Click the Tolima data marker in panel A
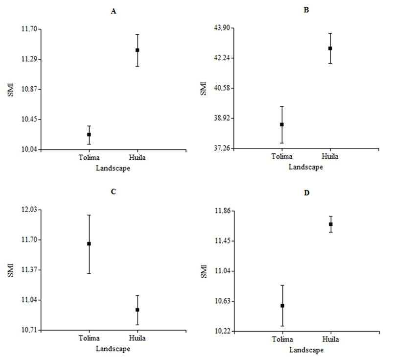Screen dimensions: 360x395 tap(89, 134)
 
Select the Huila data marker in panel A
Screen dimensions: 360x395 tap(138, 50)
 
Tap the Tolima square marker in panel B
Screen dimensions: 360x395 tap(282, 124)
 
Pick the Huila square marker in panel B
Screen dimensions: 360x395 tap(330, 48)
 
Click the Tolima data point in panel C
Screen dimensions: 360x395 tap(89, 243)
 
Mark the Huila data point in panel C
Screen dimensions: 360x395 tap(138, 310)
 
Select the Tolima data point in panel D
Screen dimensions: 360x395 tap(282, 306)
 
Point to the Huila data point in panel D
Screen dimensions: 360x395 tap(331, 224)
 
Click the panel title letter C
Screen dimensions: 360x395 tap(113, 192)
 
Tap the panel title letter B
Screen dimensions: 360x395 tap(306, 9)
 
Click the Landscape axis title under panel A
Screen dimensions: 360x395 tap(113, 168)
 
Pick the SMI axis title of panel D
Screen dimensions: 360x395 tap(204, 271)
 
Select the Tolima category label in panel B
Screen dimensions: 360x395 tap(282, 157)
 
